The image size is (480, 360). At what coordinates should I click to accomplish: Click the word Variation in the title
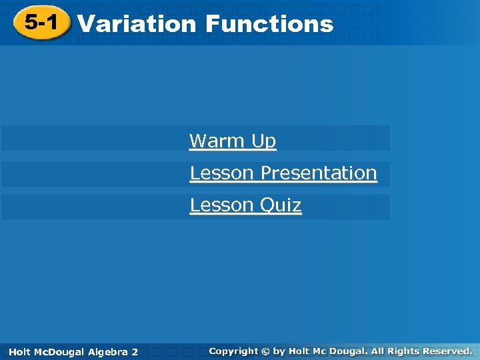click(x=137, y=24)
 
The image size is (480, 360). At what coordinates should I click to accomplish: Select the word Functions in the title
click(x=269, y=24)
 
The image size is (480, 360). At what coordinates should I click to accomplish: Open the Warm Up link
click(x=232, y=141)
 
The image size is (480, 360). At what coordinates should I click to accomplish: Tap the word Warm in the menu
click(x=217, y=141)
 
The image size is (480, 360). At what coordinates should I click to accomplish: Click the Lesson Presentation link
click(x=283, y=173)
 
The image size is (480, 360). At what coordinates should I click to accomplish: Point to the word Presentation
click(x=319, y=173)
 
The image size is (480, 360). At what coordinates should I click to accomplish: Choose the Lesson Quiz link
click(x=245, y=205)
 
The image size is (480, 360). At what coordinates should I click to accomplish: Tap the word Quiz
click(x=280, y=205)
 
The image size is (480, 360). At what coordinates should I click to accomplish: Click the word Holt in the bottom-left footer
click(x=20, y=351)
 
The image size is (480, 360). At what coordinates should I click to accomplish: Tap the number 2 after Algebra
click(x=135, y=351)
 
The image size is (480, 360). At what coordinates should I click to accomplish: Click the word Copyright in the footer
click(x=233, y=351)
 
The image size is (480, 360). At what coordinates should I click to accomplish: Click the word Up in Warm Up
click(x=263, y=141)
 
